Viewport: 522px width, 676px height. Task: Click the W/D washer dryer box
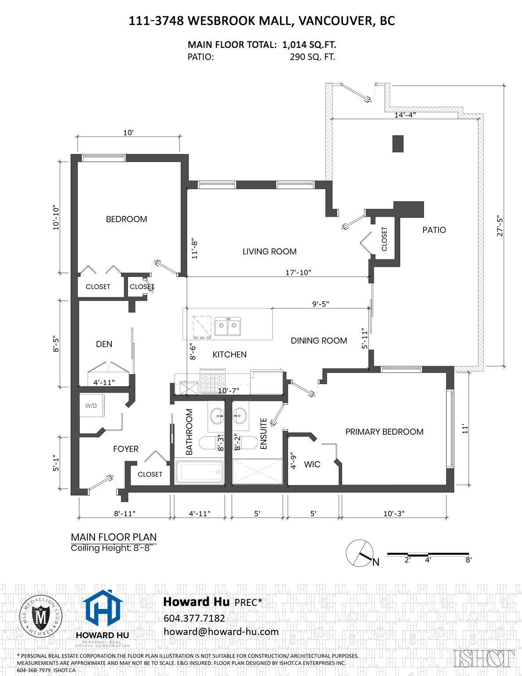[x=92, y=405]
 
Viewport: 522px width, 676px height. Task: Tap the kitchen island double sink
[x=227, y=326]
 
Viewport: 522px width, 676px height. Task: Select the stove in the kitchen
[x=212, y=382]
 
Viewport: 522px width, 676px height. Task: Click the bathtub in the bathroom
[x=200, y=472]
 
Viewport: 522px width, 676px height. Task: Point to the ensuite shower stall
[x=258, y=472]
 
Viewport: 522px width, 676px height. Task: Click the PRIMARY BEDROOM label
[x=384, y=432]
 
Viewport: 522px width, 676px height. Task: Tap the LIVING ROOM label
[x=270, y=251]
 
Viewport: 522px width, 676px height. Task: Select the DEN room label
[x=104, y=344]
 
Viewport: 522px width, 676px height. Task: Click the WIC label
[x=312, y=464]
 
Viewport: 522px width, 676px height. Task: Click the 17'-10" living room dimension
[x=298, y=272]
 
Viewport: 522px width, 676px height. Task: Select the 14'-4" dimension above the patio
[x=405, y=115]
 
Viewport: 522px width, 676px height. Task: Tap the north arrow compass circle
[x=360, y=553]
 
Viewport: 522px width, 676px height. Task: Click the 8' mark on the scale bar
[x=468, y=560]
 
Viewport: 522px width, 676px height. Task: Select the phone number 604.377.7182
[x=194, y=618]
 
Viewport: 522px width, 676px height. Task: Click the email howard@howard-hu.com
[x=221, y=632]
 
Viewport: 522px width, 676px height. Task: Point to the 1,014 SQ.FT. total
[x=309, y=45]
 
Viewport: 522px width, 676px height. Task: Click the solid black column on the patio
[x=398, y=144]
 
